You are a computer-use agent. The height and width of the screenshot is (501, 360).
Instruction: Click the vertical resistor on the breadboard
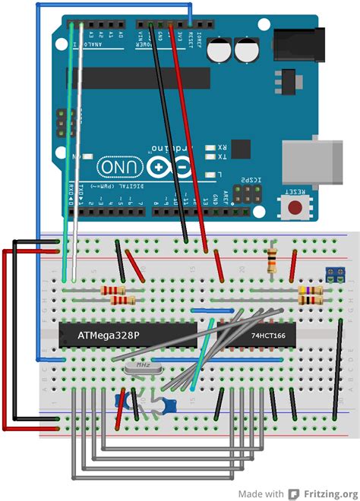tap(272, 260)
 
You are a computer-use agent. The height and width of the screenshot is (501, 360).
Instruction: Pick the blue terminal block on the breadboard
tap(332, 275)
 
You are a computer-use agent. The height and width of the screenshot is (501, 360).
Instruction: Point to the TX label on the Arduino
tap(220, 158)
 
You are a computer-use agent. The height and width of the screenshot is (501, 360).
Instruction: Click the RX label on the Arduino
tap(220, 147)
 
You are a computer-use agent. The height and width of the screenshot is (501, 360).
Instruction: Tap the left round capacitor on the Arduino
tap(221, 52)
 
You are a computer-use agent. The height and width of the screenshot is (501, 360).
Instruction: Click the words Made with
tap(263, 493)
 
